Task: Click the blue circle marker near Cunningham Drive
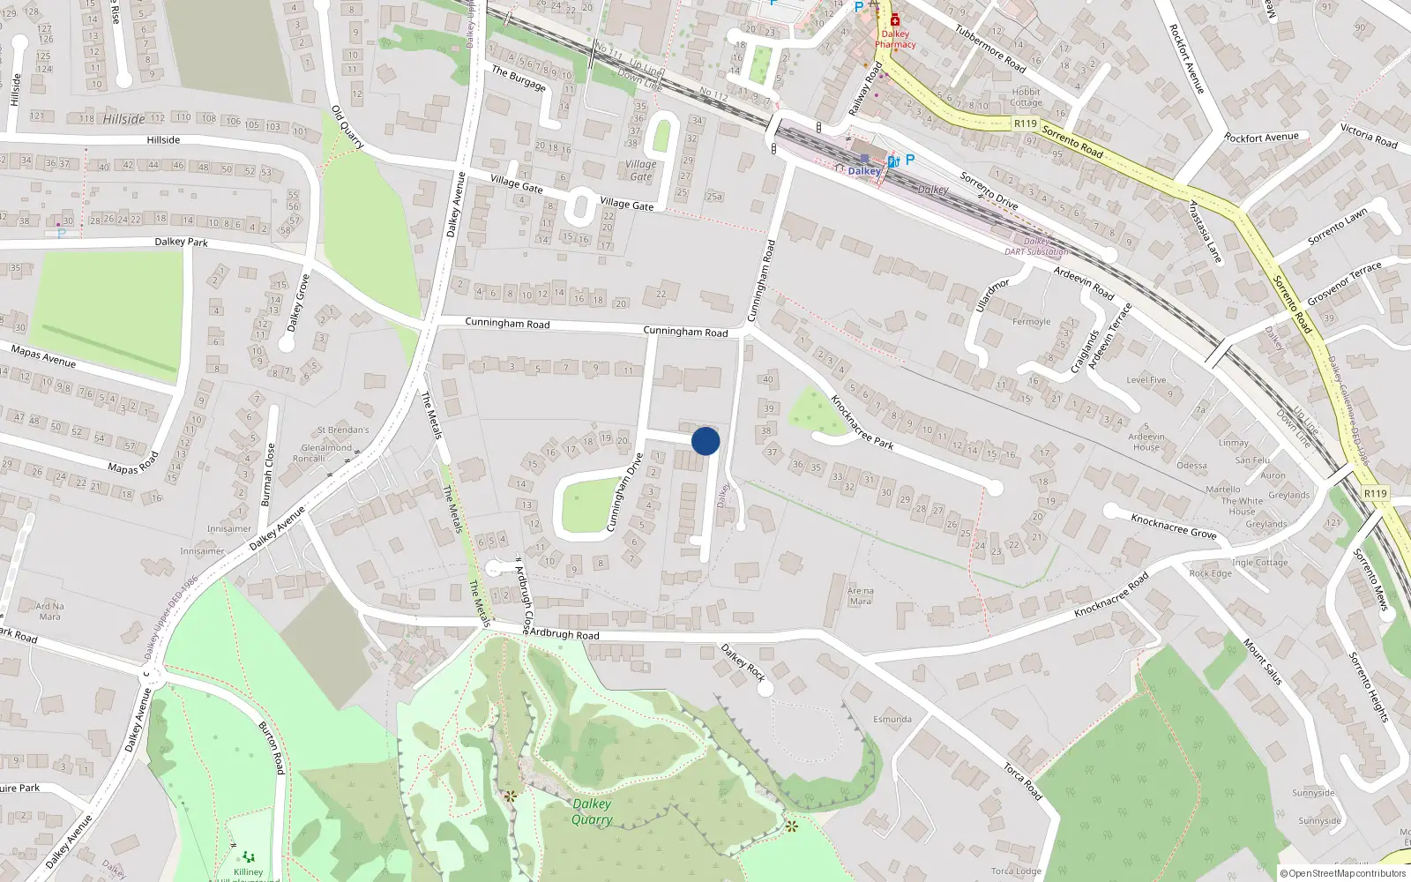click(x=705, y=441)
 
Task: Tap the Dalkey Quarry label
click(x=592, y=811)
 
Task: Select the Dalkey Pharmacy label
click(x=895, y=39)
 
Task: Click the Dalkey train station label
click(x=864, y=171)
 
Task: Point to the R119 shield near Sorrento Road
click(x=1025, y=123)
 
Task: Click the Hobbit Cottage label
click(x=1026, y=97)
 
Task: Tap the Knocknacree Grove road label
click(x=1173, y=527)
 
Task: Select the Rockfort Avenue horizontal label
click(x=1261, y=138)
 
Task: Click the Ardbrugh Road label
click(x=564, y=634)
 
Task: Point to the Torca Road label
click(x=1022, y=781)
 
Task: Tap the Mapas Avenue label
click(x=43, y=356)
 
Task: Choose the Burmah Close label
click(x=267, y=475)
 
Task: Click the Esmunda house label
click(x=892, y=719)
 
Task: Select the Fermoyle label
click(x=1031, y=322)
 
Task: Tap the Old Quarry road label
click(x=347, y=127)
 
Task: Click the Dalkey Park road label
click(x=181, y=242)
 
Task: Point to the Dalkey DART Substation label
click(x=1036, y=246)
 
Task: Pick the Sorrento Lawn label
click(x=1337, y=226)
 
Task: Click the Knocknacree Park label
click(x=862, y=422)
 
